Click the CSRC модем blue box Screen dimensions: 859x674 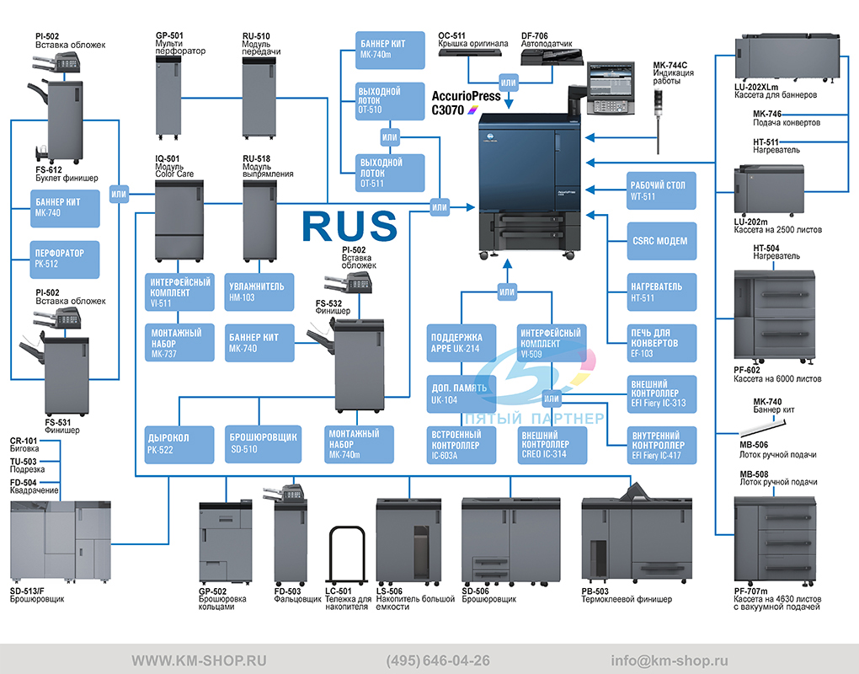(661, 241)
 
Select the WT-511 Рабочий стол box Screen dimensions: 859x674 (661, 190)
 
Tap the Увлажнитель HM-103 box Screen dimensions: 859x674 (259, 292)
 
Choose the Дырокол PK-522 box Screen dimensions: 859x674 (179, 444)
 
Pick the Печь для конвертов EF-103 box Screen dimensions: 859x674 (661, 344)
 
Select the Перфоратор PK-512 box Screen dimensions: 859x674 (65, 259)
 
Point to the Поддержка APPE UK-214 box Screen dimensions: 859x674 (462, 343)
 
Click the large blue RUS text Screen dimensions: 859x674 (349, 226)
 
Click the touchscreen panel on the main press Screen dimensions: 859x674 (611, 81)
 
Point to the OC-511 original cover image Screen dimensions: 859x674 (470, 52)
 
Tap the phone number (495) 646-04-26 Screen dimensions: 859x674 (438, 661)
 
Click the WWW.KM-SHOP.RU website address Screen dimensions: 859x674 (199, 661)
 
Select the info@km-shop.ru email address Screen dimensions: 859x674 (670, 661)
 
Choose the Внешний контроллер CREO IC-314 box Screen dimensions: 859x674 (552, 444)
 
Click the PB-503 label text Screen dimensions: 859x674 (595, 591)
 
